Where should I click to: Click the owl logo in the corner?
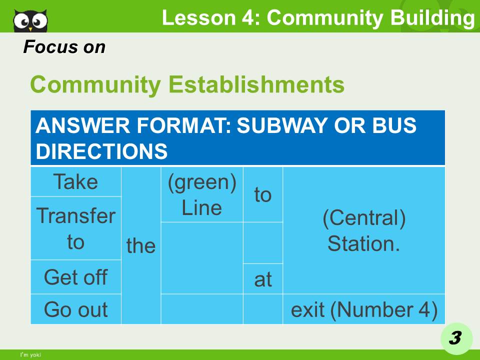(30, 20)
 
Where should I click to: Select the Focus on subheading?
(64, 47)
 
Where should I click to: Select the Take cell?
(75, 181)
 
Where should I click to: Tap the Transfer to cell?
(75, 228)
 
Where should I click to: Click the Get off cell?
(75, 276)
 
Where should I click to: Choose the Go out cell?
(75, 309)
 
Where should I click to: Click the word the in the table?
(140, 245)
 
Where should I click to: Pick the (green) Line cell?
(202, 194)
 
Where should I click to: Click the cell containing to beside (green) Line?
(262, 194)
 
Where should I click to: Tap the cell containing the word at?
(262, 279)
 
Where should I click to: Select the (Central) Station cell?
(363, 230)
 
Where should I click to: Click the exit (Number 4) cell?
(363, 309)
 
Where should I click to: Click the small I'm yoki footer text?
(30, 355)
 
